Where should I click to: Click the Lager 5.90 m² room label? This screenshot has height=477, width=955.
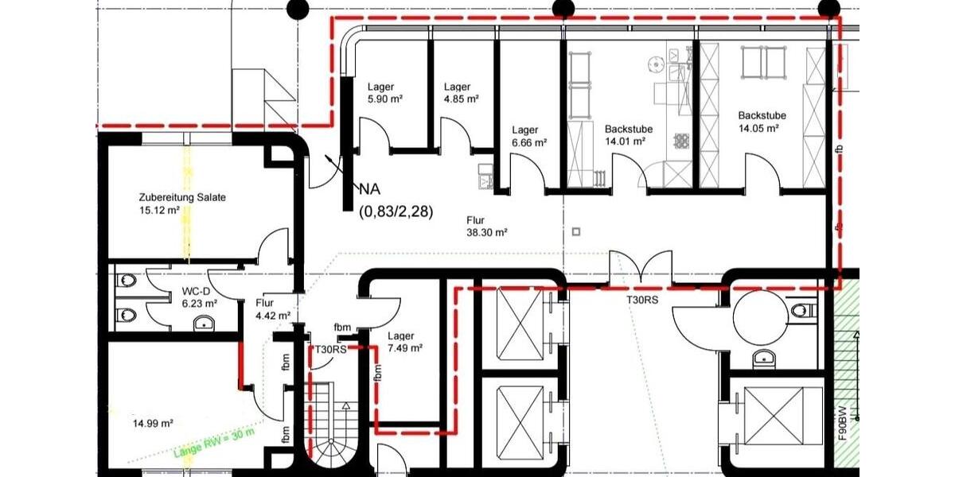pyautogui.click(x=384, y=94)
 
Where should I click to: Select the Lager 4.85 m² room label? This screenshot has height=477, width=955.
pyautogui.click(x=461, y=94)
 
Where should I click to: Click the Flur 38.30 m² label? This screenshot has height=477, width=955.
pyautogui.click(x=486, y=227)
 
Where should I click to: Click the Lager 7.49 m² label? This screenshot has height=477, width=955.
pyautogui.click(x=404, y=341)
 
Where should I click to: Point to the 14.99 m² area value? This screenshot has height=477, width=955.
pyautogui.click(x=154, y=424)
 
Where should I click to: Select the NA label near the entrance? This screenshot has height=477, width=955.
pyautogui.click(x=369, y=189)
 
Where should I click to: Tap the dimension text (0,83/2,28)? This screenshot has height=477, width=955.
pyautogui.click(x=396, y=211)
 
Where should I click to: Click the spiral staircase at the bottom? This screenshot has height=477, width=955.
pyautogui.click(x=333, y=429)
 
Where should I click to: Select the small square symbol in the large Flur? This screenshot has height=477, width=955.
pyautogui.click(x=576, y=231)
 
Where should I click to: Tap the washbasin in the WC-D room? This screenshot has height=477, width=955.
pyautogui.click(x=205, y=322)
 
